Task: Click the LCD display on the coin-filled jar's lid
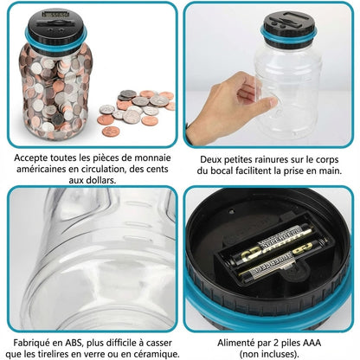pyautogui.click(x=55, y=14)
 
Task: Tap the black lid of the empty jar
pyautogui.click(x=289, y=25)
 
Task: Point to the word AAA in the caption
pyautogui.click(x=312, y=343)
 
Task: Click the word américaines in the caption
pyautogui.click(x=41, y=169)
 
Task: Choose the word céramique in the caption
pyautogui.click(x=156, y=354)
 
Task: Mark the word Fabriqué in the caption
pyautogui.click(x=31, y=343)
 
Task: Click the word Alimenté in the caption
pyautogui.click(x=235, y=343)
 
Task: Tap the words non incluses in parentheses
pyautogui.click(x=269, y=354)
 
